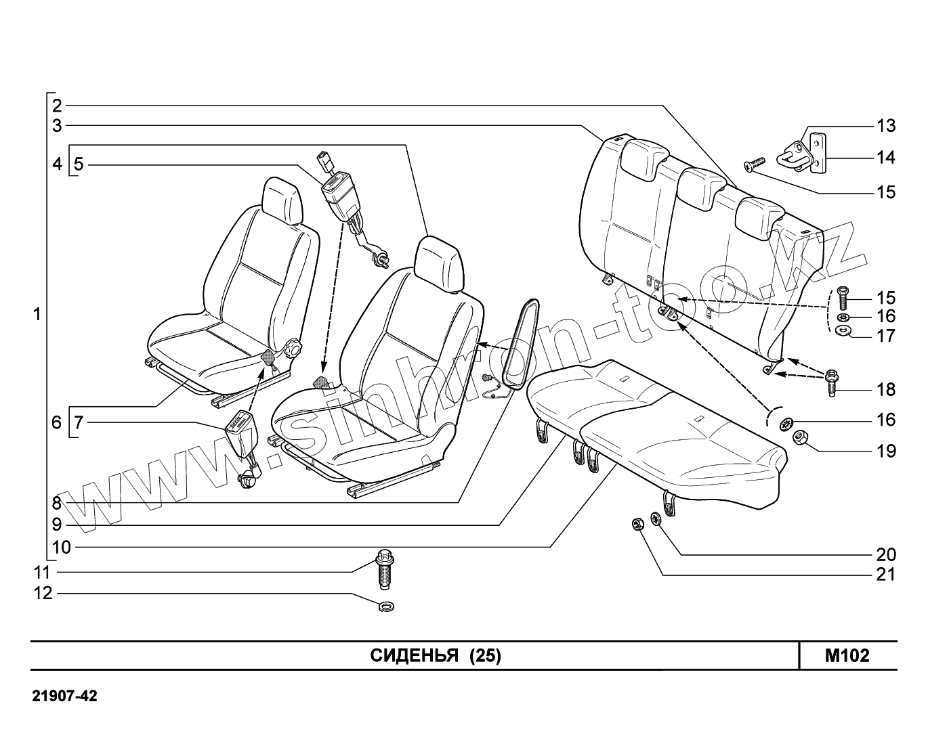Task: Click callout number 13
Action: [x=886, y=126]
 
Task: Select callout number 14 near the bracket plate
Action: [x=886, y=158]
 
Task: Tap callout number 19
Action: [x=886, y=451]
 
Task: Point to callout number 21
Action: [x=886, y=575]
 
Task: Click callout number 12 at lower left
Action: [x=43, y=594]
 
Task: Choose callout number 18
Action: [x=886, y=390]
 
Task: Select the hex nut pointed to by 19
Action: [x=800, y=438]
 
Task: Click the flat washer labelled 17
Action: [x=843, y=331]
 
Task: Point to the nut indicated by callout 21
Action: [x=637, y=524]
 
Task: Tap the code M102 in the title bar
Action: [x=847, y=656]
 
